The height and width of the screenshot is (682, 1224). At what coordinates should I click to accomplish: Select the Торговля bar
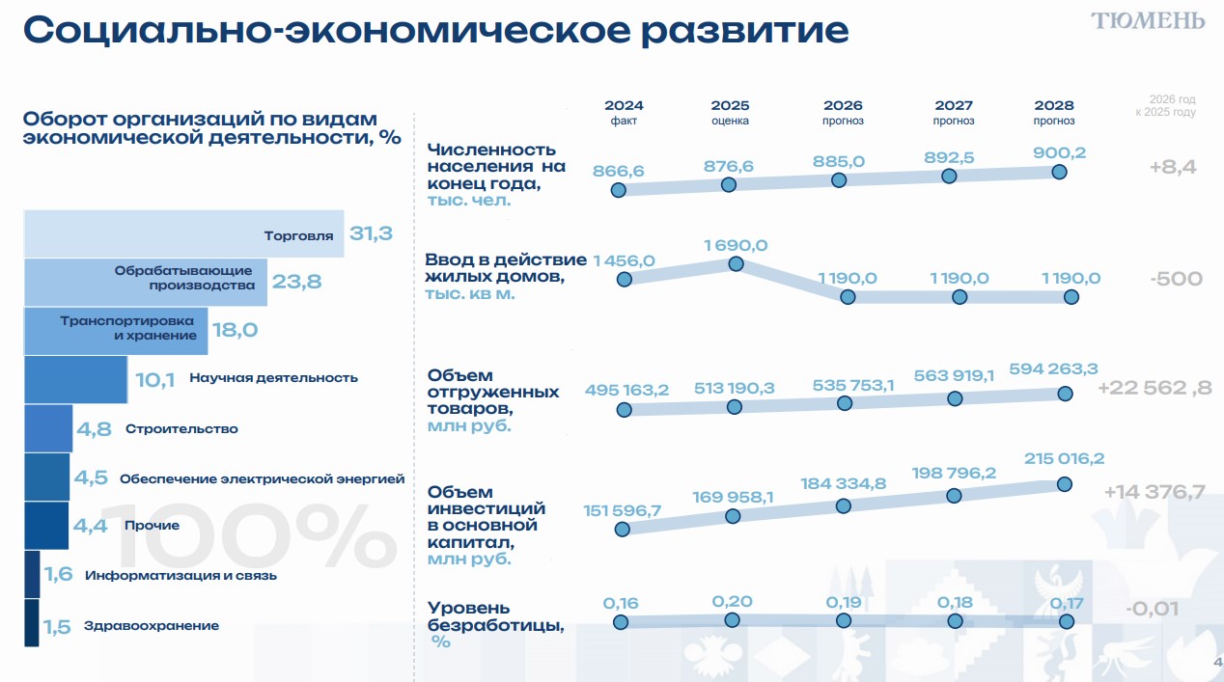click(x=183, y=234)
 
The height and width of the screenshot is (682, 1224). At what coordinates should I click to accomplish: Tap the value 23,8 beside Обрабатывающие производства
click(x=296, y=283)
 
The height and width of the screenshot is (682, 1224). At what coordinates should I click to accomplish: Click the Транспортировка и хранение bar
click(x=115, y=330)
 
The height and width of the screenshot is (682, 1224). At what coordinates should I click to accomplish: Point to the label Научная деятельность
click(x=273, y=378)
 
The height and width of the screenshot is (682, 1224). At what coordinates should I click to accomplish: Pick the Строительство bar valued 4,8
click(x=47, y=428)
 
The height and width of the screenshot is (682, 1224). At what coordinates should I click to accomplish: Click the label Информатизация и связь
click(x=181, y=576)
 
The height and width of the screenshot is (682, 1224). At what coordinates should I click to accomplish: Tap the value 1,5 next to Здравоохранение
click(x=57, y=627)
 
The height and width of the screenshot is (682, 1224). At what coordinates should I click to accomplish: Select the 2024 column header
click(x=624, y=106)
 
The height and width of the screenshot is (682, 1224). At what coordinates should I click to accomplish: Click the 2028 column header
click(x=1053, y=106)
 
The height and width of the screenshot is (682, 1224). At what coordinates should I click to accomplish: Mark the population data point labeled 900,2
click(x=1059, y=172)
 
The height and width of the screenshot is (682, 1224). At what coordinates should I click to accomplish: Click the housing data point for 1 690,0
click(x=736, y=263)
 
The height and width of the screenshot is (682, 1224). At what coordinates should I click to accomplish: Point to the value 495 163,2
click(x=626, y=391)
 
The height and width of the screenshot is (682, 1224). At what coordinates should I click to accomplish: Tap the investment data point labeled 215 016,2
click(x=1065, y=483)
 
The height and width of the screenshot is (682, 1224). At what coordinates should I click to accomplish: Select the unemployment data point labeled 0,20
click(x=732, y=620)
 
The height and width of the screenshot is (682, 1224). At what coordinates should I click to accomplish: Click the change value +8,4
click(x=1173, y=167)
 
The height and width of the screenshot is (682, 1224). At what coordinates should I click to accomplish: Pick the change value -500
click(x=1176, y=280)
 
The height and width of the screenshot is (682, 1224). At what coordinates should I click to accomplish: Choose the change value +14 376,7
click(x=1154, y=492)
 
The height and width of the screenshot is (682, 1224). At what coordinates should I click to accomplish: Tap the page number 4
click(x=1217, y=662)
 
